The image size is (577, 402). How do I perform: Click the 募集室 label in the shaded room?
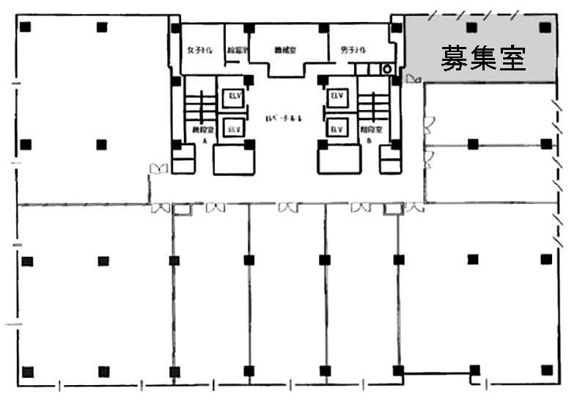pos(482,58)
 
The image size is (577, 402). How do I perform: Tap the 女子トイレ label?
pos(199,51)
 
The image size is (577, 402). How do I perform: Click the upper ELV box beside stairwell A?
pos(234,97)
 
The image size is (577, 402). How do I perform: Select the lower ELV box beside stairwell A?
pos(234,128)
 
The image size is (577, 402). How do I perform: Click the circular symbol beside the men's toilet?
pos(386,69)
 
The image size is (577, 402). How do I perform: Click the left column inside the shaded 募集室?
pos(471,27)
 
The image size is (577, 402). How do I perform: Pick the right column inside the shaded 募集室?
pos(544,27)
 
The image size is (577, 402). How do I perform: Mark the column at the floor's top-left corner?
pos(26,27)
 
